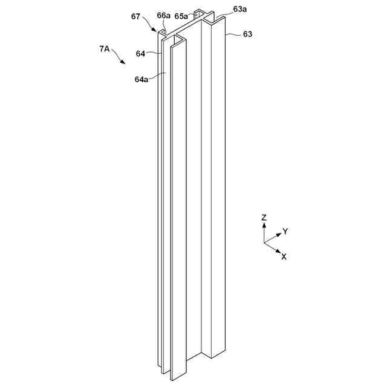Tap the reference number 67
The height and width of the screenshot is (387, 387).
137,16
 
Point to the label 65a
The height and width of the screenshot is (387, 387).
181,16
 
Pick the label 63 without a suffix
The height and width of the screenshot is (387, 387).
247,34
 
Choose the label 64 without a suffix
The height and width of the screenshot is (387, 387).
140,54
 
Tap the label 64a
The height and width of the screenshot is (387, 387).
141,79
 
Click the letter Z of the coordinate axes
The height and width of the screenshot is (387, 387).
264,216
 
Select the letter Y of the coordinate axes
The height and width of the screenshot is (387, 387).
285,231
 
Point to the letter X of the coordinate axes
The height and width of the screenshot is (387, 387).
284,256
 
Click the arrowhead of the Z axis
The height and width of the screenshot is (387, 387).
264,224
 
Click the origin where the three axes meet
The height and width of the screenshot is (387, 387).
264,242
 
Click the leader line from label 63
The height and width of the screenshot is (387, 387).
234,35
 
